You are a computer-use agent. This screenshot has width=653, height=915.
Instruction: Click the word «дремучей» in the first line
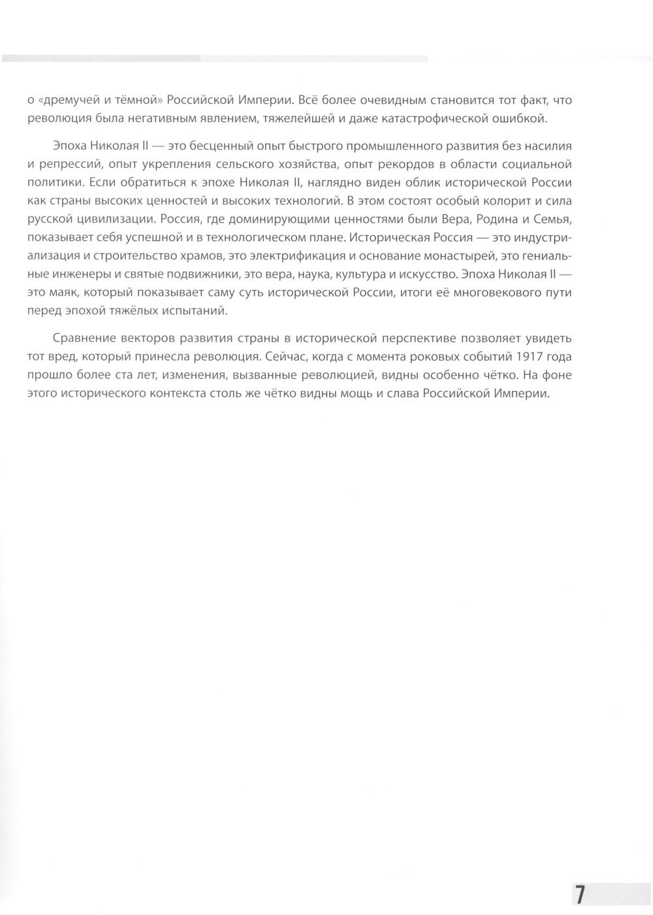(x=63, y=100)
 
